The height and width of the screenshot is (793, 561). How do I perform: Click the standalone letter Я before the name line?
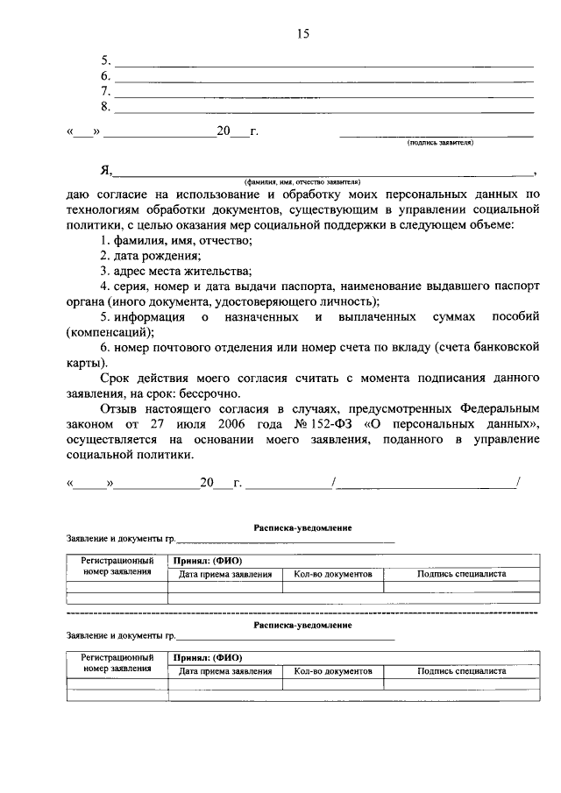[x=104, y=172]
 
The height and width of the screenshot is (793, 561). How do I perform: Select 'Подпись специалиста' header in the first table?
[x=462, y=574]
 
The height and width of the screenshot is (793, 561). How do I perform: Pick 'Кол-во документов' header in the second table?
[x=333, y=670]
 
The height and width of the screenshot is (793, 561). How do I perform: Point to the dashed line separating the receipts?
[x=303, y=610]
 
